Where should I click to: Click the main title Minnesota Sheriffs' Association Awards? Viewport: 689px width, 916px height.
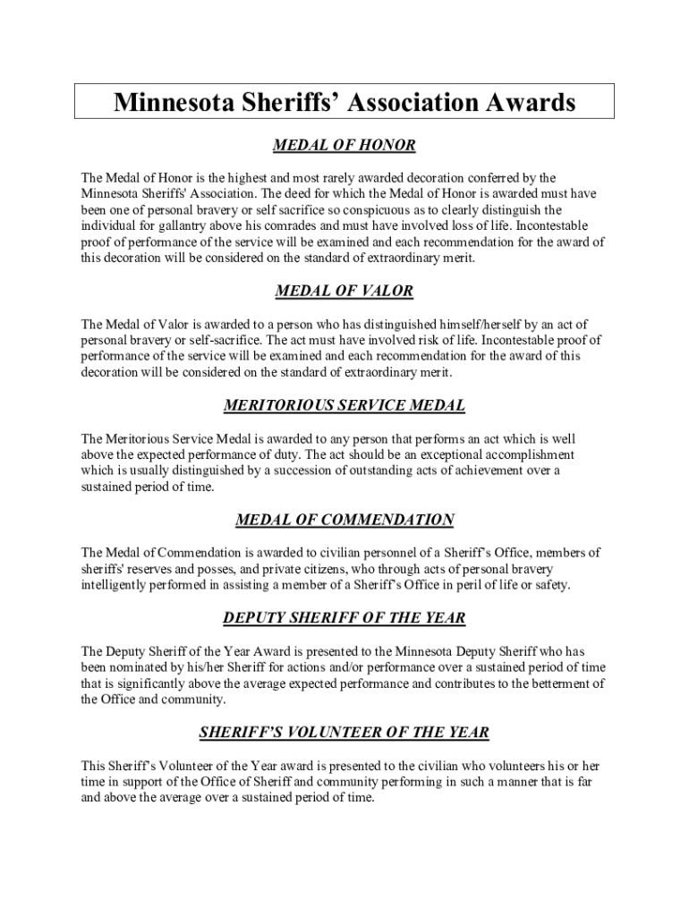pyautogui.click(x=344, y=102)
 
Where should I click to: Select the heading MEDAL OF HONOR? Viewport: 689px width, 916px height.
pyautogui.click(x=344, y=146)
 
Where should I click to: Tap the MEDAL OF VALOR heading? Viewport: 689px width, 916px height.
pyautogui.click(x=344, y=292)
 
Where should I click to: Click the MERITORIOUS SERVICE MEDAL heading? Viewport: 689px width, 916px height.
pyautogui.click(x=344, y=406)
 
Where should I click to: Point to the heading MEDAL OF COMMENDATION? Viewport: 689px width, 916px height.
pyautogui.click(x=344, y=520)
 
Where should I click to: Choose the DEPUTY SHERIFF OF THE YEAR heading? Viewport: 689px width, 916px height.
pyautogui.click(x=344, y=619)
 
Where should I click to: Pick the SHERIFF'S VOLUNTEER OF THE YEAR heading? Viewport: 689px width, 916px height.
pyautogui.click(x=344, y=733)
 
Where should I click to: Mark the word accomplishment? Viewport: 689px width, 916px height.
pyautogui.click(x=528, y=454)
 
